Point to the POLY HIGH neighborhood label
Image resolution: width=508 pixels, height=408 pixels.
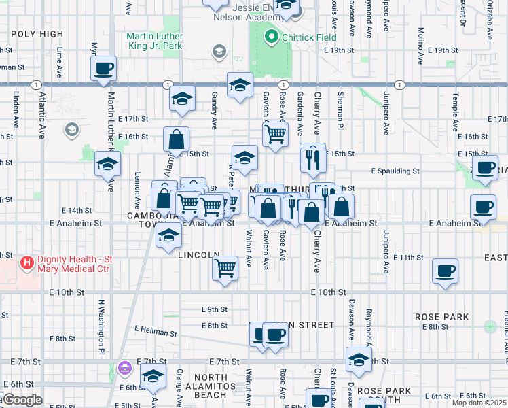37,34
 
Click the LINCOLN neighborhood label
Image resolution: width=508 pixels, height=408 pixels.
198,254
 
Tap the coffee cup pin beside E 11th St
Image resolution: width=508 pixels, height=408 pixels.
446,271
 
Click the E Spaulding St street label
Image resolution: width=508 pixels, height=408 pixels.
395,171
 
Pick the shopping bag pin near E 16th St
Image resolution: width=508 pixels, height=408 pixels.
176,140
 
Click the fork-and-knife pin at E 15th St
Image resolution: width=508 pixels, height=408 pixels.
312,158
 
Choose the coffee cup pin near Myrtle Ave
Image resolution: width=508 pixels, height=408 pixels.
103,69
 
